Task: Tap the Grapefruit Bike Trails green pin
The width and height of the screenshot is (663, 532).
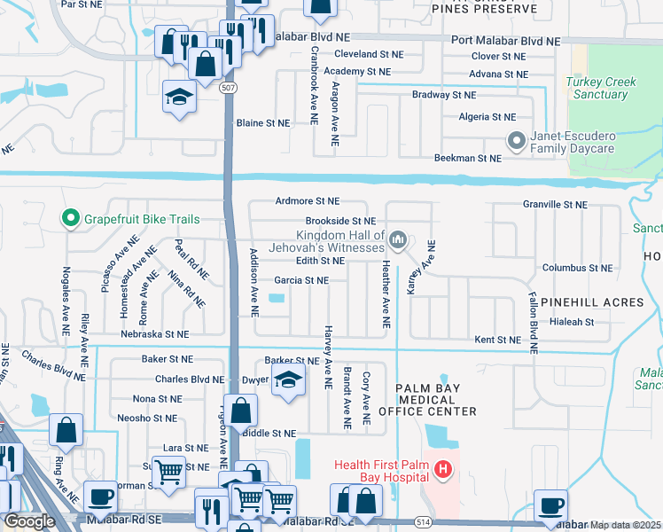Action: coord(69,218)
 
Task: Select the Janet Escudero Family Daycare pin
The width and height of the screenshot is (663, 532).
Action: coord(515,141)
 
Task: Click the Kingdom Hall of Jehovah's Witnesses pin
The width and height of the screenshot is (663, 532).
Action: coord(398,239)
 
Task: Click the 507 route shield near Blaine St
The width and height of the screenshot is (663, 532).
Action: coord(229,89)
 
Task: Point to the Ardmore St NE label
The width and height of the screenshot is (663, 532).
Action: coord(308,201)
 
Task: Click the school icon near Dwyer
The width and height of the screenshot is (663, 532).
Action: coord(287,382)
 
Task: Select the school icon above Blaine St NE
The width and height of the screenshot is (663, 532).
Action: coord(180,96)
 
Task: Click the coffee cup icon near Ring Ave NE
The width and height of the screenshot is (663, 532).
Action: coord(100,497)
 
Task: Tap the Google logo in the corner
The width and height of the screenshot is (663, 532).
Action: coord(29,521)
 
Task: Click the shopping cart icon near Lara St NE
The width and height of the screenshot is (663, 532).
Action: coord(168,472)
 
